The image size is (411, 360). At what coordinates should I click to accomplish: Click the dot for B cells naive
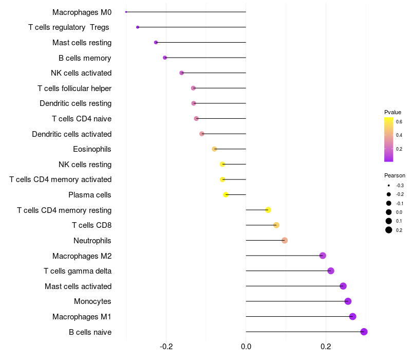[364, 332]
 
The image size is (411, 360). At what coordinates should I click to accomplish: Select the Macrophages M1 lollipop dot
[352, 316]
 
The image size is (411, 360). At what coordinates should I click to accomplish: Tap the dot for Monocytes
[348, 301]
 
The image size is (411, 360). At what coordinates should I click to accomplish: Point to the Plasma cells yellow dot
[226, 195]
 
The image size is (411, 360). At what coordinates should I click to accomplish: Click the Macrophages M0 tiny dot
[126, 12]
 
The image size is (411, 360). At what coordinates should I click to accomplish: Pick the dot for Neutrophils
[285, 240]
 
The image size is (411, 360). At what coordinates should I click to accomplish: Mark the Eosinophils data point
[214, 149]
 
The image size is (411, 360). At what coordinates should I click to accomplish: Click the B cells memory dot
[165, 58]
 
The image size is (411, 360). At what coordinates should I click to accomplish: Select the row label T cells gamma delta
[78, 271]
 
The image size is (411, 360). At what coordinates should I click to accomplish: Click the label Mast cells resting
[82, 43]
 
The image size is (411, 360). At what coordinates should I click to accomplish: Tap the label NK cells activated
[81, 73]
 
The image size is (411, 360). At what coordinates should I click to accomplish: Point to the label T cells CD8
[91, 225]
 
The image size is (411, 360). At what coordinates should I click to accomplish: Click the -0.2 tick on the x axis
[166, 347]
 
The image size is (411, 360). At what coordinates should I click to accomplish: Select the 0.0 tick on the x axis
[246, 347]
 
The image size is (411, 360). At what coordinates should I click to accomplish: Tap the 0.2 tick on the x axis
[326, 347]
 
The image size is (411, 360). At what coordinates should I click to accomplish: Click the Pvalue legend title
[393, 112]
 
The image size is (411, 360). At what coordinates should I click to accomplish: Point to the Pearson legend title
[395, 175]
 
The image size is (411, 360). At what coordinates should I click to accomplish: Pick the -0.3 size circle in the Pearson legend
[389, 185]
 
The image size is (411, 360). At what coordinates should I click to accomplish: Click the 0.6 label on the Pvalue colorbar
[399, 122]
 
